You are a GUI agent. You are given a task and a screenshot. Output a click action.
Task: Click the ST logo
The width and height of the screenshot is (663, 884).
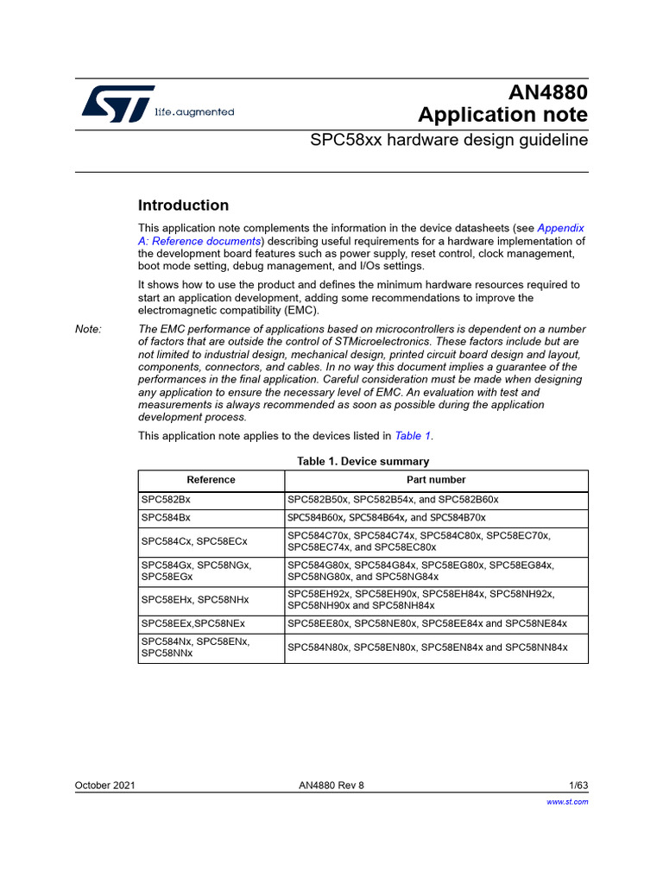coord(118,103)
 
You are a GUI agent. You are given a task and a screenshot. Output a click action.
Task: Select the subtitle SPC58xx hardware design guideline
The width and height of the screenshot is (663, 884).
coord(449,140)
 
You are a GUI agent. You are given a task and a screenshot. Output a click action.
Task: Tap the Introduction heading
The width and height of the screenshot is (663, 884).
coord(184,205)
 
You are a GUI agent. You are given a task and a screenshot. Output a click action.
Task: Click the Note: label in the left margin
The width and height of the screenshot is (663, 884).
coord(88,330)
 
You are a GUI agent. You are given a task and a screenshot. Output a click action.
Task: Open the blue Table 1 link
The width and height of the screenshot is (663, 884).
coord(413,436)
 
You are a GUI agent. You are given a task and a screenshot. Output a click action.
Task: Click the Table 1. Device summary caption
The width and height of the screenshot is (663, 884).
coord(363,462)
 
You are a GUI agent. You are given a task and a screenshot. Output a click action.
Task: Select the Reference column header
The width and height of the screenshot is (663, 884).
coord(211,480)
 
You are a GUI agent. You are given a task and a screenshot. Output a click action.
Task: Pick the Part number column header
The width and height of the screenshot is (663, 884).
coord(436,480)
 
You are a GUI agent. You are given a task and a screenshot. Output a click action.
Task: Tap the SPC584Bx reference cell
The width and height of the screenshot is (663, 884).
coord(166,518)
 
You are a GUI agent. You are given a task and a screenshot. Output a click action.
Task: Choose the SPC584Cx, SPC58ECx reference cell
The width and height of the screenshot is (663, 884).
coord(194,541)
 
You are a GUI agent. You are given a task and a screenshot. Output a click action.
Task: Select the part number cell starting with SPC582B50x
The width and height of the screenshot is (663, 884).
coord(393,500)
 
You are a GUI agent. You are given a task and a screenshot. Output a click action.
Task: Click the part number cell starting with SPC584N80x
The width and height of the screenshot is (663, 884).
coord(427,647)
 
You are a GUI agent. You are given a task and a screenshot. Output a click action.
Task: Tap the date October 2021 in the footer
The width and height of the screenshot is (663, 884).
coord(104,786)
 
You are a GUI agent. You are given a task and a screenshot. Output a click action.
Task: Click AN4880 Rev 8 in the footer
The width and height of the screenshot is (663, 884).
coord(331,786)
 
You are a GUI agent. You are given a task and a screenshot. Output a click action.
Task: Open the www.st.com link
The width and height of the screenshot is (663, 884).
coord(568,802)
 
